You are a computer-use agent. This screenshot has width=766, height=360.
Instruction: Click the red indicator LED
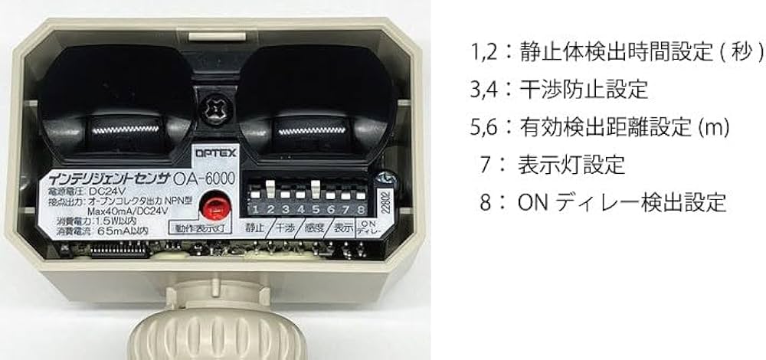tap(212, 205)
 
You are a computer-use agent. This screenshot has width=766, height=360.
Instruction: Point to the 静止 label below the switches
tap(255, 227)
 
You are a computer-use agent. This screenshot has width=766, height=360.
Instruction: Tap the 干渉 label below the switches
tap(285, 227)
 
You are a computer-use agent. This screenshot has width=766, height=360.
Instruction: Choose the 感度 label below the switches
tap(314, 227)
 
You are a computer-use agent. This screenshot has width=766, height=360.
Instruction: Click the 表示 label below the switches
tap(342, 227)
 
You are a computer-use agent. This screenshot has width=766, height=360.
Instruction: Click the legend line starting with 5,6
tap(599, 126)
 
